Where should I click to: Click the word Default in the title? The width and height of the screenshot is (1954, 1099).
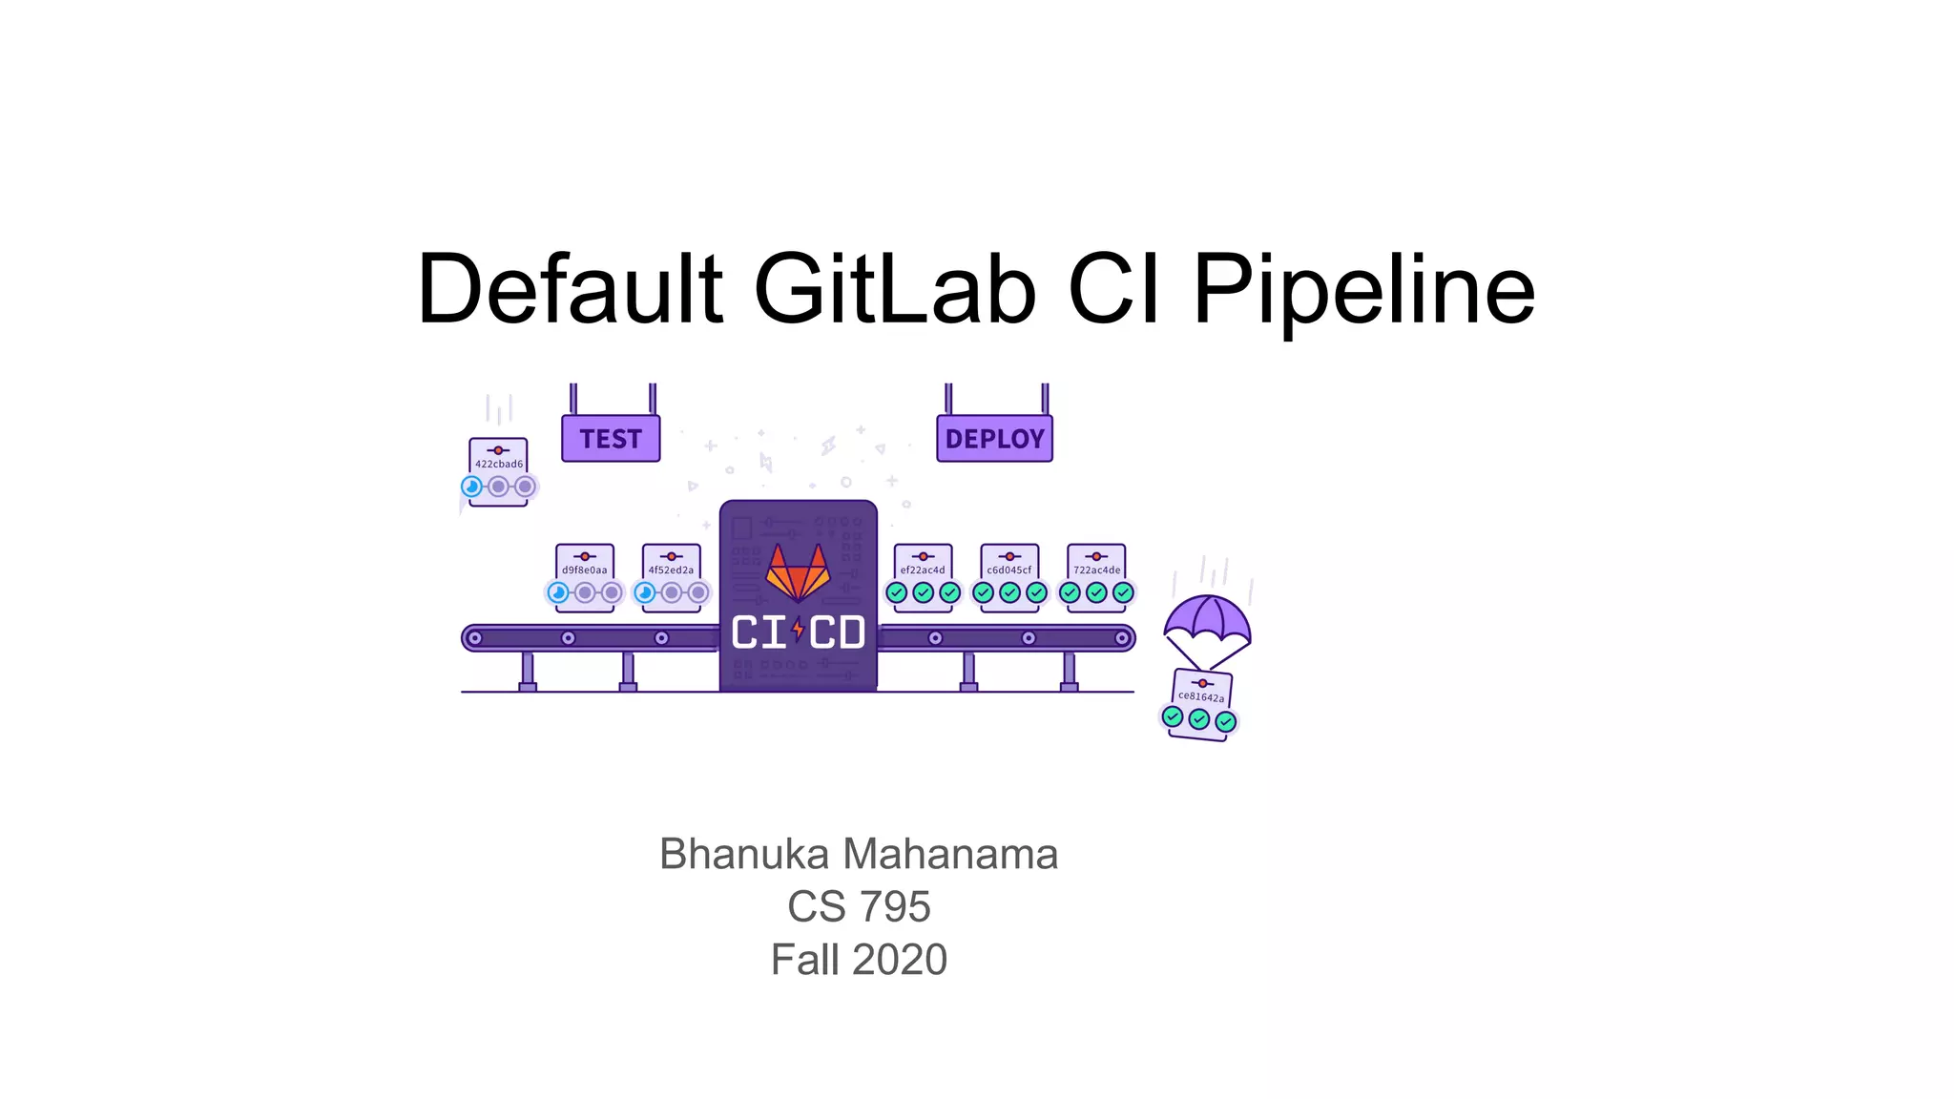coord(570,289)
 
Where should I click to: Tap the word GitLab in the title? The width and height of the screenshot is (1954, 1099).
coord(894,289)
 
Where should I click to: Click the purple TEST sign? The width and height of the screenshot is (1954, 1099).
coord(611,439)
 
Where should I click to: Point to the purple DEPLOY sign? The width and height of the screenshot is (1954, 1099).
coord(994,439)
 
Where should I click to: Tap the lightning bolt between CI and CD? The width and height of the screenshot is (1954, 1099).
coord(799,631)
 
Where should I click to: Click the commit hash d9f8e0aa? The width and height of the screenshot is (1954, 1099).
coord(584,570)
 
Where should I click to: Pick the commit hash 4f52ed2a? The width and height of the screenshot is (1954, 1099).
coord(671,570)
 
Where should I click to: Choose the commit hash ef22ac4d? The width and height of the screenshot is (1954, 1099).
coord(923,570)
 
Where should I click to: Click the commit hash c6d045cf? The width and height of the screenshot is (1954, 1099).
coord(1009,570)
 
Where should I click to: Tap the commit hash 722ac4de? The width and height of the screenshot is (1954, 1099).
coord(1096,570)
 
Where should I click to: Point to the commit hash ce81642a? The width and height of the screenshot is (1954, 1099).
coord(1201,697)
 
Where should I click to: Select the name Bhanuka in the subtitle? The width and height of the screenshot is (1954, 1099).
coord(744,854)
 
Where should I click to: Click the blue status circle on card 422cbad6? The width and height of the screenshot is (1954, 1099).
coord(471,487)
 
